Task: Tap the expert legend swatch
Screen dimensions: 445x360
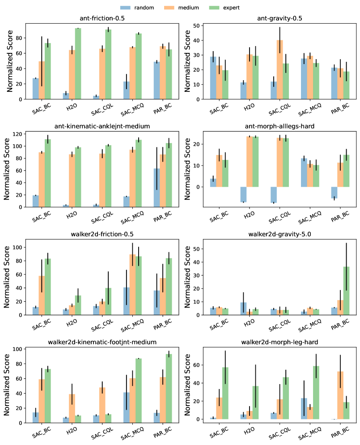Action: [227, 8]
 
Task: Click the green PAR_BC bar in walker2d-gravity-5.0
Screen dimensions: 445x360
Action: [346, 291]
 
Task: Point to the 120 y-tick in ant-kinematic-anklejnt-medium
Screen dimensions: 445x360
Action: [21, 134]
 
